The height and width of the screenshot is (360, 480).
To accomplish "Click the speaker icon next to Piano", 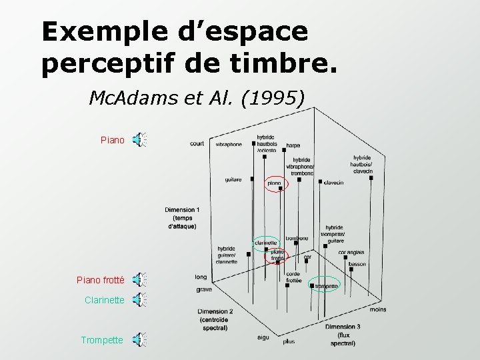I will tap(139, 140).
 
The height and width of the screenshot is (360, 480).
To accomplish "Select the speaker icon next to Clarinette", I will tap(139, 300).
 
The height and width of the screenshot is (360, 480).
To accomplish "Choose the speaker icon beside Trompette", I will tap(139, 340).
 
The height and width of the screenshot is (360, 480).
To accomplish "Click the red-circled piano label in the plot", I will tap(274, 183).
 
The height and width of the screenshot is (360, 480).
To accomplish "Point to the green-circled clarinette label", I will tap(265, 243).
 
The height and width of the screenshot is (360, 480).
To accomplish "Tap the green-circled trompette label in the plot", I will tap(327, 286).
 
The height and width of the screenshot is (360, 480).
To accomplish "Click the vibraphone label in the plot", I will tap(229, 144).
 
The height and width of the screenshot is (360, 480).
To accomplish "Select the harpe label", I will tap(293, 145).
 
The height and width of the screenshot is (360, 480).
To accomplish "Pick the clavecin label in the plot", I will tap(333, 183).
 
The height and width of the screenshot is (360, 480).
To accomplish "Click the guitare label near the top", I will tap(233, 179).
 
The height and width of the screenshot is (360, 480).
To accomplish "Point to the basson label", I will tap(357, 264).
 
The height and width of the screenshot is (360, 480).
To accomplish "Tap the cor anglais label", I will tap(351, 252).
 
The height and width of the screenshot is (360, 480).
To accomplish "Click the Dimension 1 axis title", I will tap(182, 218).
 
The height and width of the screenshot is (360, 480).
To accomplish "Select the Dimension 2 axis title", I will tap(215, 319).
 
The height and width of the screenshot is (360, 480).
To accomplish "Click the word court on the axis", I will tap(197, 143).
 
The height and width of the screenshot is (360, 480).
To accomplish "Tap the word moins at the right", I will tap(378, 309).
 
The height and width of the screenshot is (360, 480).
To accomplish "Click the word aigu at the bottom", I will tap(263, 337).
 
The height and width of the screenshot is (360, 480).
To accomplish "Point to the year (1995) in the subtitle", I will tap(277, 99).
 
